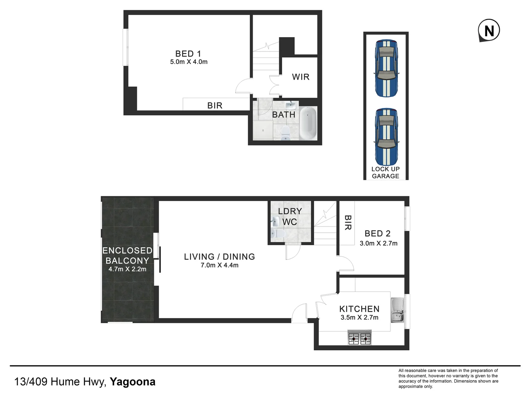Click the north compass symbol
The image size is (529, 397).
[489, 31]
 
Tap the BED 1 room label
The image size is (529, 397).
[188, 54]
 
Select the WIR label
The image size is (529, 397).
[301, 77]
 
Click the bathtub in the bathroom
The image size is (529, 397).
[308, 123]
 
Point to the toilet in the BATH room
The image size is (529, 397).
[285, 133]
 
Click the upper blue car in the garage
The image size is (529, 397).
[386, 68]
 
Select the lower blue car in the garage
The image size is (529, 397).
[386, 137]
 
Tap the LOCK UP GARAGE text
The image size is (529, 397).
[385, 172]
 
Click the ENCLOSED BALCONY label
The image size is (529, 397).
[127, 255]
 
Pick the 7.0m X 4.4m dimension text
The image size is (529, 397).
[219, 265]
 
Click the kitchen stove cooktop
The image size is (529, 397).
[360, 337]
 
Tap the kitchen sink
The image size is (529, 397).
[397, 310]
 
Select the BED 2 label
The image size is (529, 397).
[377, 233]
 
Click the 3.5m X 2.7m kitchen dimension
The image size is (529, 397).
[359, 318]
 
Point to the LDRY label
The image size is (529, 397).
[290, 211]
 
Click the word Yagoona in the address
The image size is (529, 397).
[133, 382]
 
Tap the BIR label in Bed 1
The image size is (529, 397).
[215, 105]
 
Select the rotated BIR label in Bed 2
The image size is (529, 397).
[348, 223]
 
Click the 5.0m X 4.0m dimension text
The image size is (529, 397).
[189, 62]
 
